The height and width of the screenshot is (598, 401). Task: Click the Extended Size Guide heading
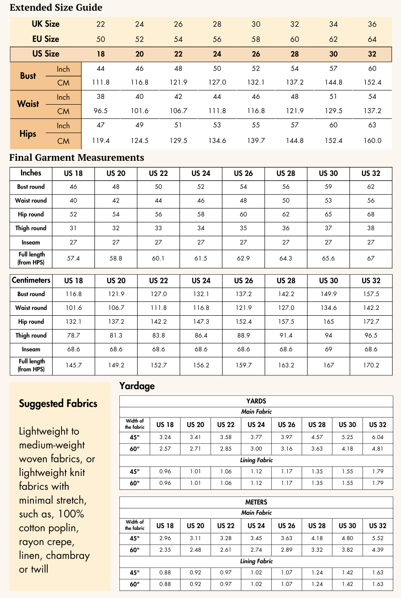[x=56, y=8]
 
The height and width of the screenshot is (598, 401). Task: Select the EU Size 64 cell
[x=372, y=39]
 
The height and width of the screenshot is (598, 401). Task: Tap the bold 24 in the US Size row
[x=217, y=54]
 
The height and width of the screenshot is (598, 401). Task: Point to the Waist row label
[x=28, y=104]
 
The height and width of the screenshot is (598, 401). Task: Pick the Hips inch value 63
[x=372, y=125]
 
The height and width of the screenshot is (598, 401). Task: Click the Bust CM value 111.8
[x=101, y=82]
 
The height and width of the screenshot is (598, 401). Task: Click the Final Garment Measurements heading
[x=77, y=158]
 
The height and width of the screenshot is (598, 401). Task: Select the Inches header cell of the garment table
[x=31, y=173]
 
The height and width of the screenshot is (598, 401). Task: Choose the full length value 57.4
[x=73, y=258]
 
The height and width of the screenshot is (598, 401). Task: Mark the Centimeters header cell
[x=31, y=281]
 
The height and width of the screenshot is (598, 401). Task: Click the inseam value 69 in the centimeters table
[x=328, y=350]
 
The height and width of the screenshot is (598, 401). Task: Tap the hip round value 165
[x=328, y=321]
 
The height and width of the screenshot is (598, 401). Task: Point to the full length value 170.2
[x=371, y=365]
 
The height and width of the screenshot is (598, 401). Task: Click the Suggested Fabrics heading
[x=58, y=404]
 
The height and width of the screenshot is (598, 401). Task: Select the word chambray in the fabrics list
[x=68, y=556]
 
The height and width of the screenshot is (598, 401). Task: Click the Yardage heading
[x=137, y=386]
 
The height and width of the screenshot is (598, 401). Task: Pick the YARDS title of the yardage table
[x=256, y=401]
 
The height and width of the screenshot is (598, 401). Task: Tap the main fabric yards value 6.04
[x=377, y=437]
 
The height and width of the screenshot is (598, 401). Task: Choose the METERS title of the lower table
[x=256, y=502]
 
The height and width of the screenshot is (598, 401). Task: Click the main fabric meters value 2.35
[x=165, y=550]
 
